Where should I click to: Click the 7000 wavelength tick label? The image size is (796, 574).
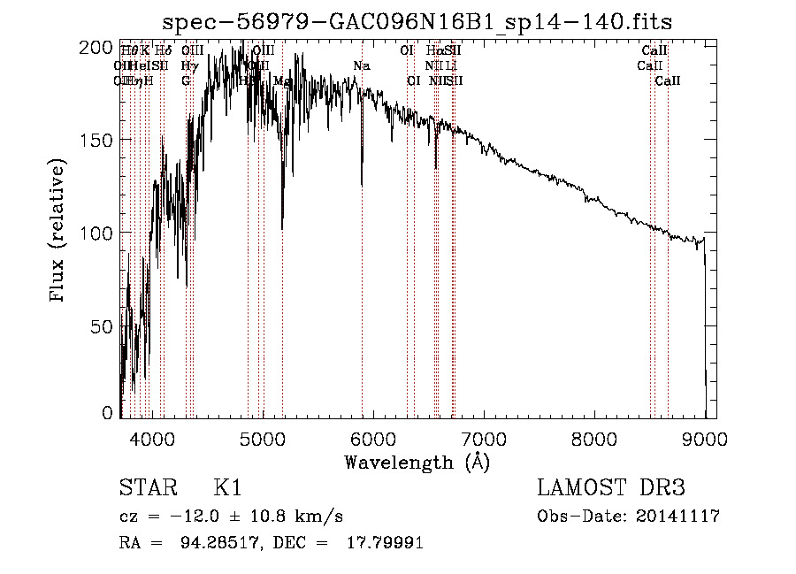tap(484, 436)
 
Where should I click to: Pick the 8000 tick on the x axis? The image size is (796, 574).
tap(594, 436)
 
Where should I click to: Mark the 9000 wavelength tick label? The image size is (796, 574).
tap(705, 436)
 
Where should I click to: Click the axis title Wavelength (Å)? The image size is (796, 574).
tap(417, 462)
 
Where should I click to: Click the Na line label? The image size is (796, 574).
tap(362, 65)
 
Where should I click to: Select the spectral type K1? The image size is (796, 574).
tap(227, 488)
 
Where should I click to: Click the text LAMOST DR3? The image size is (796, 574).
tap(611, 488)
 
